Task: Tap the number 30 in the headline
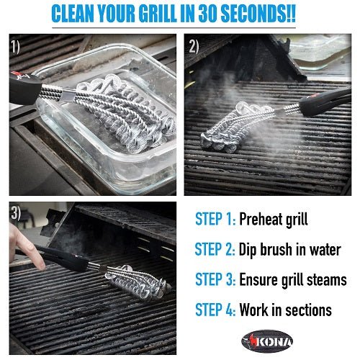tap(227, 15)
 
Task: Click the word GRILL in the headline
tap(173, 15)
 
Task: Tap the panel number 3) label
tap(16, 215)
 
